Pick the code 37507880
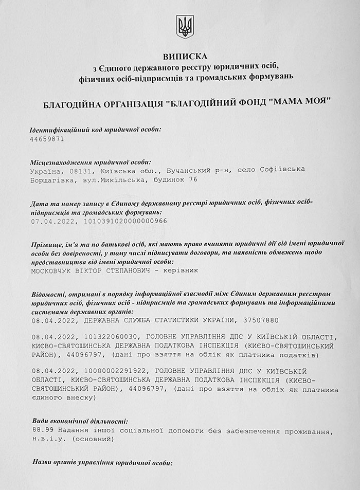(259, 320)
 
